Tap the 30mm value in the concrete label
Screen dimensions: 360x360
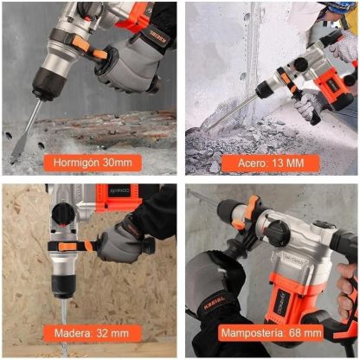coord(118,163)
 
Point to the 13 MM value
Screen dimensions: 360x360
coord(287,164)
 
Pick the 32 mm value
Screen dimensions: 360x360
coord(112,333)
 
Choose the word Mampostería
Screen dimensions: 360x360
coord(253,333)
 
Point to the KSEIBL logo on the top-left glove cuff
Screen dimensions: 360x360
coord(159,37)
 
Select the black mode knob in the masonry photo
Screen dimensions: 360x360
coord(278,233)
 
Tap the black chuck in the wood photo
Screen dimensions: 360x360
coord(64,286)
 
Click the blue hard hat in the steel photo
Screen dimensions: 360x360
coord(339,8)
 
